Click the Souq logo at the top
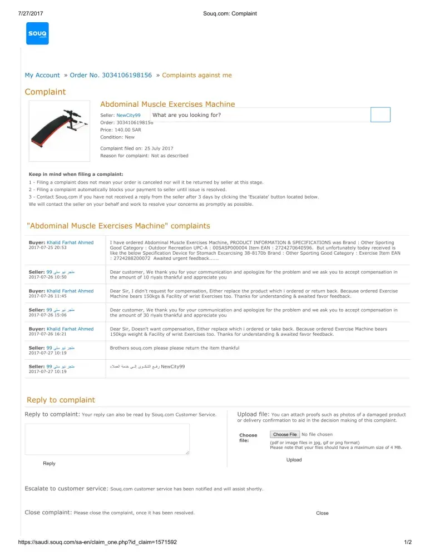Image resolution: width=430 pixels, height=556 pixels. [x=38, y=33]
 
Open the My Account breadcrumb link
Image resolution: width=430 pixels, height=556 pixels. [x=42, y=75]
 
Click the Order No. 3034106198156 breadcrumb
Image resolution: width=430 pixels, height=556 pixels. [x=111, y=75]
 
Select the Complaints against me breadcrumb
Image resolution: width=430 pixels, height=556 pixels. [x=197, y=75]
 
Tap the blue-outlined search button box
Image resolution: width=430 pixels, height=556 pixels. [x=380, y=115]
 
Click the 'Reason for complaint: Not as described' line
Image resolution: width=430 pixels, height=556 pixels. [x=144, y=156]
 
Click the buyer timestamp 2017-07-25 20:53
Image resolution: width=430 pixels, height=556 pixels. [x=47, y=248]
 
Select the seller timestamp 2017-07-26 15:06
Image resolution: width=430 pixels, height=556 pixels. [x=47, y=315]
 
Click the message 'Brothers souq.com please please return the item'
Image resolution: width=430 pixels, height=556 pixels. [x=175, y=348]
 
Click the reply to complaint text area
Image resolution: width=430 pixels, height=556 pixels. [x=107, y=439]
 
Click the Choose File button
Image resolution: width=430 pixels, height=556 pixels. [x=285, y=434]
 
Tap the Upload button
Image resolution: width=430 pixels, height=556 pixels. [x=294, y=460]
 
